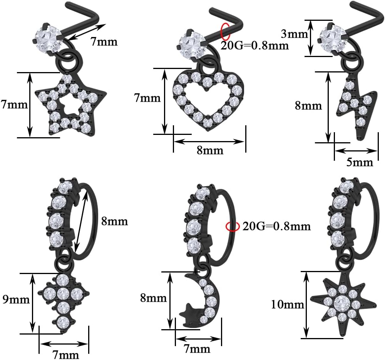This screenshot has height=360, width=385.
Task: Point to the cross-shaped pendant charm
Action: (x=64, y=302)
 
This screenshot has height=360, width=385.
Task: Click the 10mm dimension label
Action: (x=288, y=305)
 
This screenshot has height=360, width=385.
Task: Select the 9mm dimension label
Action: (x=16, y=299)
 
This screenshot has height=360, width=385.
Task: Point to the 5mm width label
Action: (x=360, y=162)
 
